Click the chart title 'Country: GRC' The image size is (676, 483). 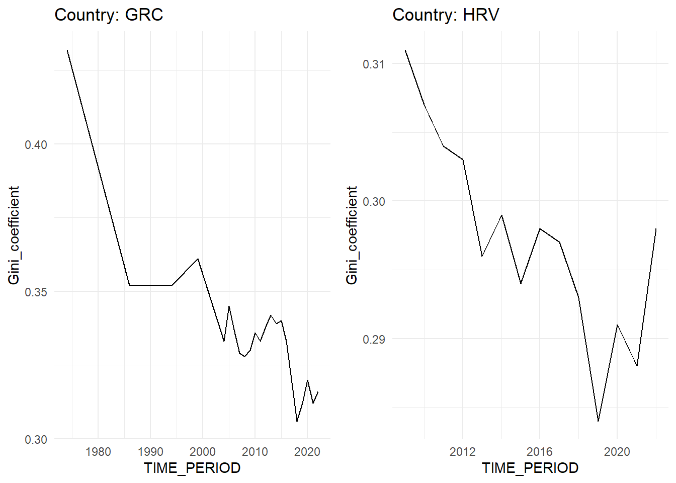(109, 15)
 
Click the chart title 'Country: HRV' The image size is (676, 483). (446, 15)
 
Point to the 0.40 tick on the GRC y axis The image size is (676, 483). (36, 144)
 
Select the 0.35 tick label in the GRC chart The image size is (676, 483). (36, 292)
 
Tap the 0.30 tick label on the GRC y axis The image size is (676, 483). (36, 439)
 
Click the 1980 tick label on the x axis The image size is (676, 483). (98, 451)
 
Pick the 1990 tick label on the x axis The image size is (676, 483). (150, 451)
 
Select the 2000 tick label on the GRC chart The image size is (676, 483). (203, 451)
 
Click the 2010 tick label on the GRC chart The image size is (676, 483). (255, 451)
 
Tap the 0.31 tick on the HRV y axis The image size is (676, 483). (374, 64)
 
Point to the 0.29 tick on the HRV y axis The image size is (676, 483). (374, 339)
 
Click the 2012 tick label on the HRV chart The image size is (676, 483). (463, 451)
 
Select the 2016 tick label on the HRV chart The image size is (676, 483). (540, 451)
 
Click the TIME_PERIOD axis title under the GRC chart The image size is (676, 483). (192, 468)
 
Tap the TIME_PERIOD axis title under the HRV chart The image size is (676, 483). (530, 468)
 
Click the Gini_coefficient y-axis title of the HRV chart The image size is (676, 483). (352, 235)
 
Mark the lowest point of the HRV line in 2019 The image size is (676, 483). (598, 421)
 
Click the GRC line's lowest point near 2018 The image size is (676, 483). (297, 422)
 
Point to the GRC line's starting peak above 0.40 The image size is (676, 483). (67, 50)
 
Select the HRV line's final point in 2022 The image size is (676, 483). (656, 229)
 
